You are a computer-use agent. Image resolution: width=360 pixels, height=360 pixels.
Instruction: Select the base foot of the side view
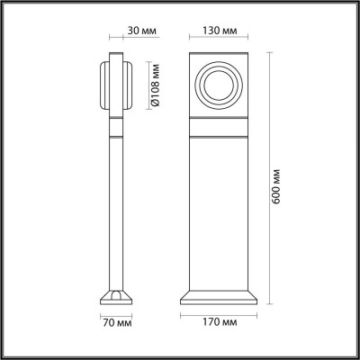(x=117, y=296)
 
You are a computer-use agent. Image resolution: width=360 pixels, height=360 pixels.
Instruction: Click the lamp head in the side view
(x=119, y=85)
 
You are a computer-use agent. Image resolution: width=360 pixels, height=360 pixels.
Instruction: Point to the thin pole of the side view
(x=117, y=207)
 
